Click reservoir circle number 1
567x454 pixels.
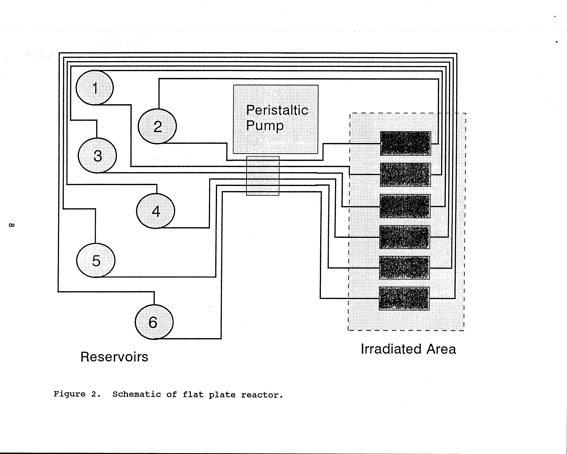95,88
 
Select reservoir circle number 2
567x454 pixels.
157,126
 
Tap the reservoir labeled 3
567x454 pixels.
97,155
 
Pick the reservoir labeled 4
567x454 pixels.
155,211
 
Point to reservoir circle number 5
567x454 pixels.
96,260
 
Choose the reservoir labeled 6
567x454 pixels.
154,322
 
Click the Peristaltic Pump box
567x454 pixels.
276,119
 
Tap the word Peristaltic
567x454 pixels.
277,110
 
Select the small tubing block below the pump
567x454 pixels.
262,176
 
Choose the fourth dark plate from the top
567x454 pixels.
404,237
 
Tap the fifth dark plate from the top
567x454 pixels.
404,268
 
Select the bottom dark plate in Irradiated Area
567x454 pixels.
404,298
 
